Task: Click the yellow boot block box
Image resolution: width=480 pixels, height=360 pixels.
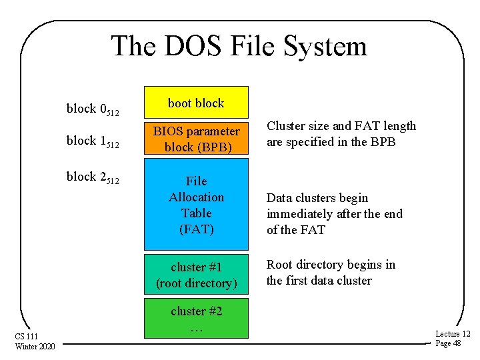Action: [x=196, y=103]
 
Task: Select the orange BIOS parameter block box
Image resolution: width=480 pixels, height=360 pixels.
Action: [x=196, y=139]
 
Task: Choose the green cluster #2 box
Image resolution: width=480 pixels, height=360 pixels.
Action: [x=196, y=318]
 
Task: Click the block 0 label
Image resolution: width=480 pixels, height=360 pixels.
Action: [x=93, y=109]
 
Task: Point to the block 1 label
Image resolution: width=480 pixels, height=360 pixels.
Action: [x=93, y=141]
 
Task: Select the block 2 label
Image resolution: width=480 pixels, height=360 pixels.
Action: [x=93, y=177]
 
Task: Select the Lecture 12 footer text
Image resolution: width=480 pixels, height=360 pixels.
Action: [x=453, y=333]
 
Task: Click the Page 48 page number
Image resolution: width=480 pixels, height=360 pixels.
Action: [x=448, y=343]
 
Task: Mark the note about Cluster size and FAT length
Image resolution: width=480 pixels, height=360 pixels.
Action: [x=341, y=133]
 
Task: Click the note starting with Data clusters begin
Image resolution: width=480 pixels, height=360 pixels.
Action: [x=335, y=213]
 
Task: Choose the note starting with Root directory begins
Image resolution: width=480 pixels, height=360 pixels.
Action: [x=331, y=272]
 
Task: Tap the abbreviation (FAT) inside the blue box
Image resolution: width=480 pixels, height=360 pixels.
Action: [x=196, y=229]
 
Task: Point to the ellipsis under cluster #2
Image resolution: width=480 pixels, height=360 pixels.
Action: [x=196, y=329]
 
